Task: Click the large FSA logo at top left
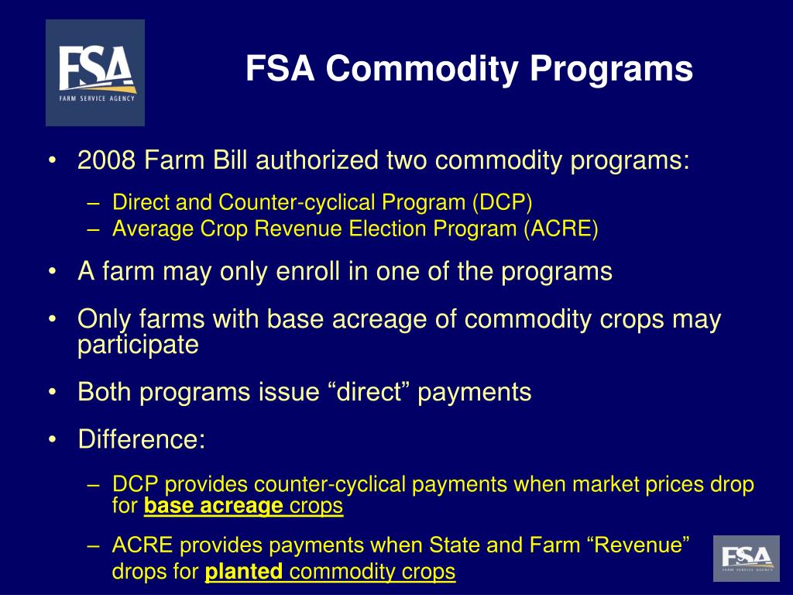click(x=94, y=73)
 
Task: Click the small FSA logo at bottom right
click(x=746, y=558)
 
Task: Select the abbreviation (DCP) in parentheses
click(x=502, y=203)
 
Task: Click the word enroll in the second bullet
click(x=305, y=272)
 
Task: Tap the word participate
click(x=138, y=345)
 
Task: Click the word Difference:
click(x=142, y=440)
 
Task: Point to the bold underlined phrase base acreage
click(x=213, y=507)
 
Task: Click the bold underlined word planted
click(x=243, y=573)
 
